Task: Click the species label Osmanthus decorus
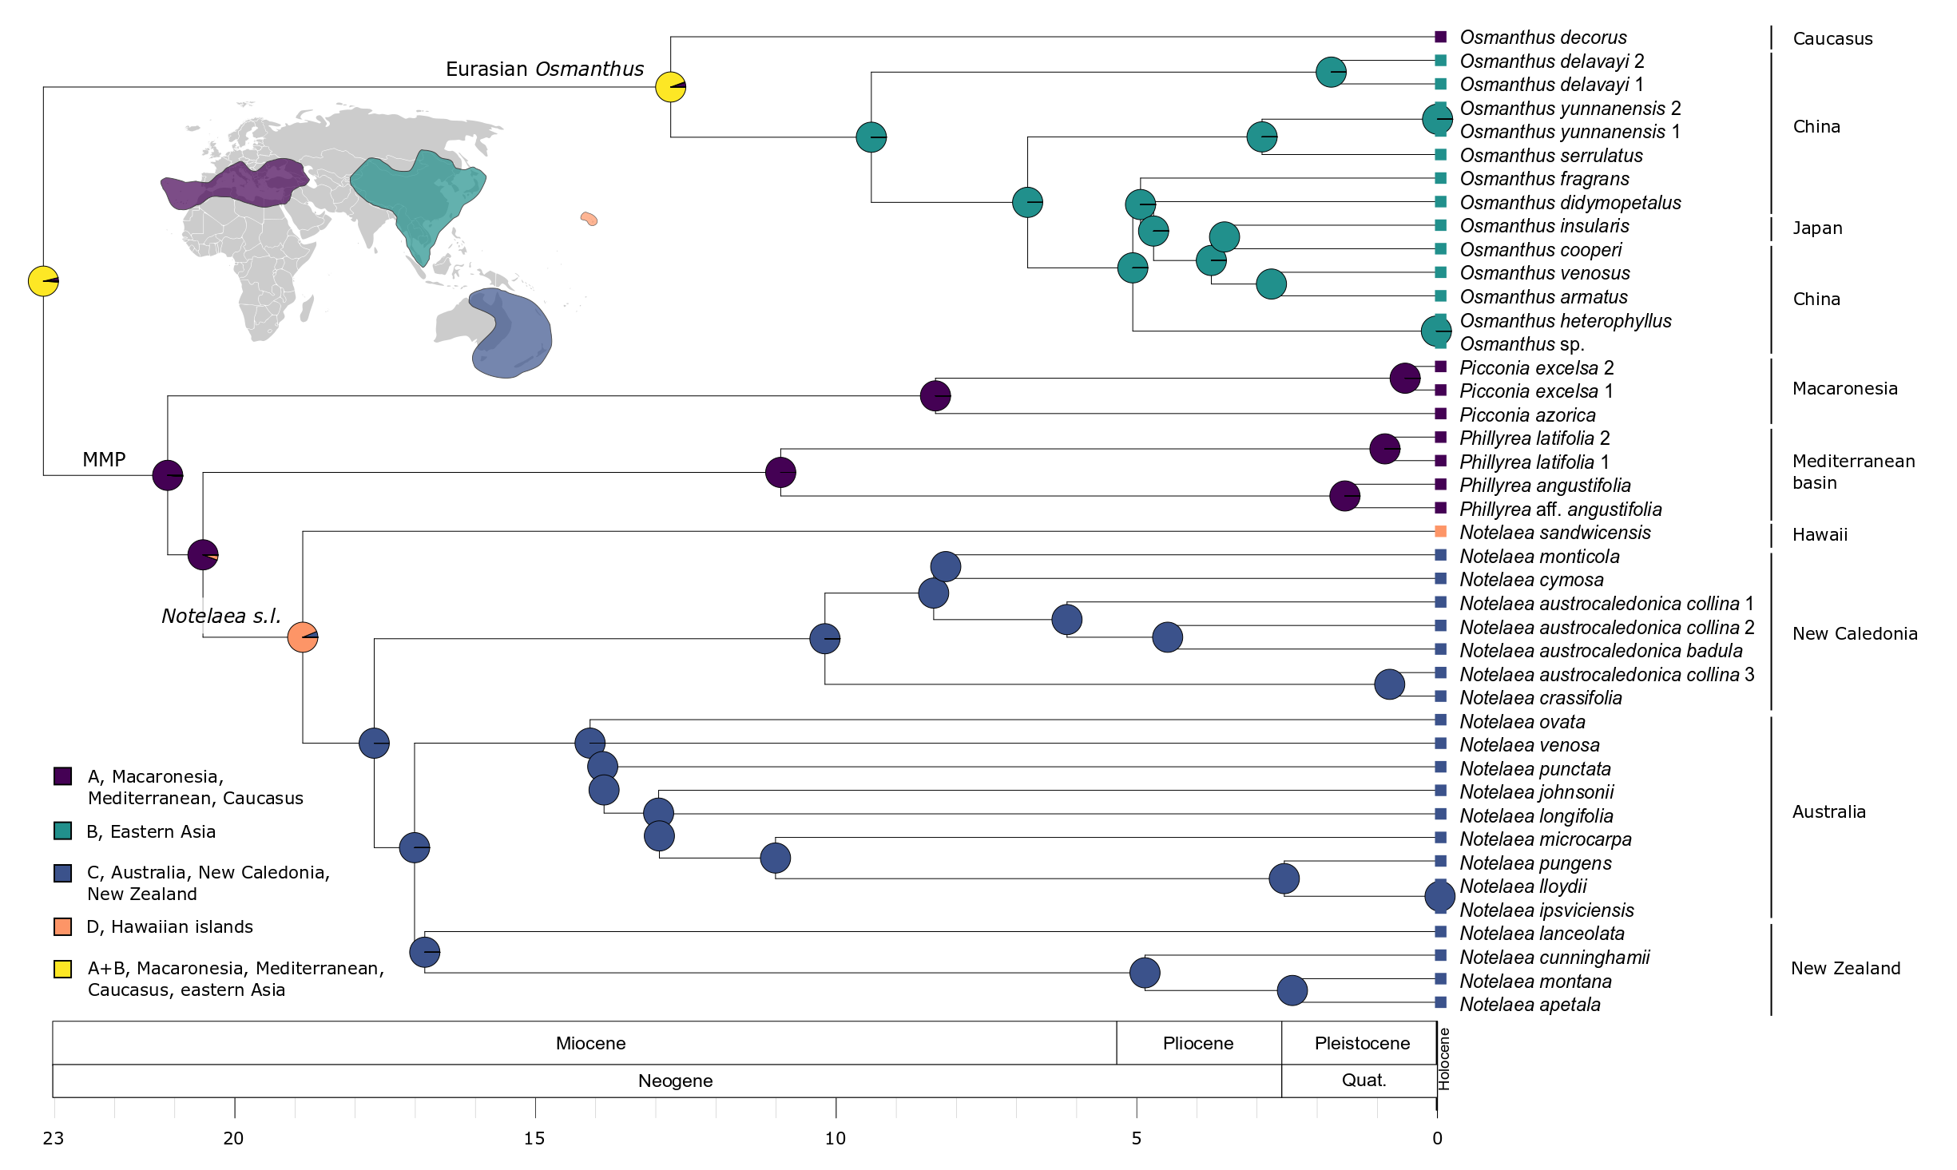click(x=1542, y=38)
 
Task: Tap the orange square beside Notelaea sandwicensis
click(x=1441, y=532)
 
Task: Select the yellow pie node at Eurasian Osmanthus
click(x=670, y=86)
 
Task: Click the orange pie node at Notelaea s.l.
click(x=303, y=637)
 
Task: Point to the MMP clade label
click(x=104, y=459)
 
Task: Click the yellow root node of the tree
click(x=43, y=281)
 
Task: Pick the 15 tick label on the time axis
click(x=534, y=1139)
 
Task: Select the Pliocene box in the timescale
click(x=1198, y=1043)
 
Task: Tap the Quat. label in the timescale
click(x=1364, y=1081)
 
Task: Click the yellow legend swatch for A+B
click(x=63, y=969)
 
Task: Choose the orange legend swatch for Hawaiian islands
click(x=63, y=927)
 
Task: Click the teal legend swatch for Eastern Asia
click(x=63, y=831)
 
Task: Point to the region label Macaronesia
click(x=1844, y=389)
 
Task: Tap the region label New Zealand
click(x=1845, y=969)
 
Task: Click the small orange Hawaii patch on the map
click(x=589, y=218)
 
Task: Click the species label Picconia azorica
click(x=1527, y=415)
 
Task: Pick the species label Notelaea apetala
click(x=1530, y=1005)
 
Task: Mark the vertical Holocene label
click(x=1444, y=1059)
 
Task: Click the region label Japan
click(x=1817, y=228)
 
